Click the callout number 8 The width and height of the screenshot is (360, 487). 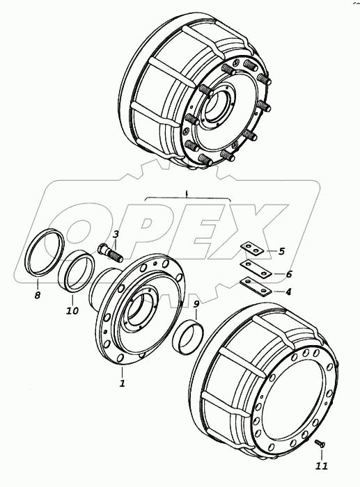[x=38, y=295]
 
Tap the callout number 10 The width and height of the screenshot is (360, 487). [x=72, y=310]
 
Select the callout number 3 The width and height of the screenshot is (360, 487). [x=116, y=234]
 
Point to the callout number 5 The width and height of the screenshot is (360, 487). [x=281, y=251]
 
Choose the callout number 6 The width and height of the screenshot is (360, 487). [x=289, y=274]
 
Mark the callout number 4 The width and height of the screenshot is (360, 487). [x=288, y=292]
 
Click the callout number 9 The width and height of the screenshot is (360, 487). [x=196, y=305]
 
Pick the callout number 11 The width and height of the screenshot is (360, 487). [x=322, y=466]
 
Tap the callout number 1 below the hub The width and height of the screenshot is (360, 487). [x=122, y=383]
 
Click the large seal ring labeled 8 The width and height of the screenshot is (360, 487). [x=45, y=252]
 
